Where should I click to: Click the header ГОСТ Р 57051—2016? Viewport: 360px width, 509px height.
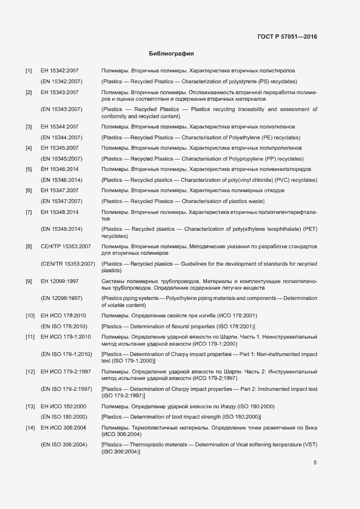pos(287,37)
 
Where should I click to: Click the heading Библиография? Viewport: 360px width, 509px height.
pos(172,54)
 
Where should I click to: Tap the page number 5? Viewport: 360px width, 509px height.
pos(315,463)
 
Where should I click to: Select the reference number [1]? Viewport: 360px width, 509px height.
pos(29,71)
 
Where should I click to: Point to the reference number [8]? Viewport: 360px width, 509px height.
pos(29,247)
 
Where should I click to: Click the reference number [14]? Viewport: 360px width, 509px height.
pos(30,428)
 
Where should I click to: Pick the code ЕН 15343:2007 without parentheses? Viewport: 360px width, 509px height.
pos(60,93)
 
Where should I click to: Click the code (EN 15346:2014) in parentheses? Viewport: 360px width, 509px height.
pos(62,180)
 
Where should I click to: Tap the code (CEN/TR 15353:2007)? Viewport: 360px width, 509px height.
pos(68,264)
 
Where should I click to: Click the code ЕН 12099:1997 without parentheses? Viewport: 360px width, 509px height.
pos(60,281)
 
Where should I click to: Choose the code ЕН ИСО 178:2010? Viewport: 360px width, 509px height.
pos(63,315)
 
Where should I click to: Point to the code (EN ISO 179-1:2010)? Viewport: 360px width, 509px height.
pos(66,354)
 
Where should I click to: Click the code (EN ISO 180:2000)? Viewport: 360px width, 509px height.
pos(64,416)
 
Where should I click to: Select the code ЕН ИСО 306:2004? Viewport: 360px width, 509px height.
pos(63,428)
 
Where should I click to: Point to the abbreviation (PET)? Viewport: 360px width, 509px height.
pos(309,229)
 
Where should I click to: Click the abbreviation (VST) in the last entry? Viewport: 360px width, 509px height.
pos(309,445)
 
